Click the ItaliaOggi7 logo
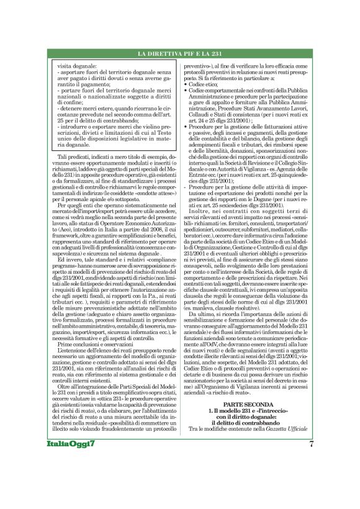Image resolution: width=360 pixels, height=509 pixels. click(70, 478)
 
